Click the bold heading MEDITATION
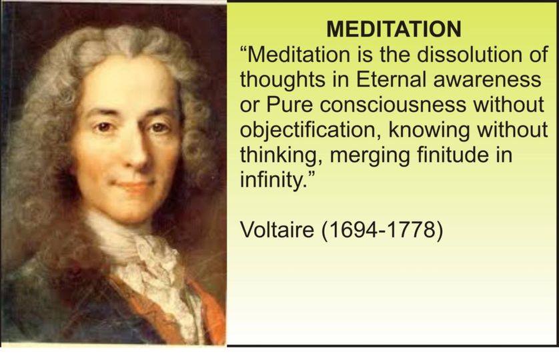click(394, 29)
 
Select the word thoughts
click(282, 81)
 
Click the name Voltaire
click(277, 229)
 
